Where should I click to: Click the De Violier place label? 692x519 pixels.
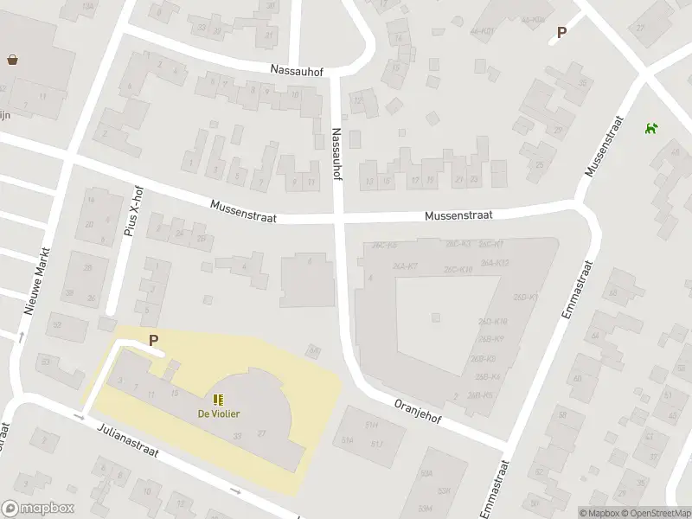point(219,413)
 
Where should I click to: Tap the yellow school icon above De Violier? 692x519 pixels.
point(219,400)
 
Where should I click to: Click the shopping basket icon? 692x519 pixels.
point(13,60)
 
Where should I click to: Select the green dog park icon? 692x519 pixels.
point(650,129)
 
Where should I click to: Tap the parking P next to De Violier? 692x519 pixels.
point(154,341)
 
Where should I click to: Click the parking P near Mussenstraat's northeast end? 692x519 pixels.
point(561,33)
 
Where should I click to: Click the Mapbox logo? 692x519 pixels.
point(38,509)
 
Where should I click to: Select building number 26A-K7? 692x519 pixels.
point(405,266)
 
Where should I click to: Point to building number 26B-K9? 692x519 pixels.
point(490,338)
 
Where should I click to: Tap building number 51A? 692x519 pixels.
point(348,439)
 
